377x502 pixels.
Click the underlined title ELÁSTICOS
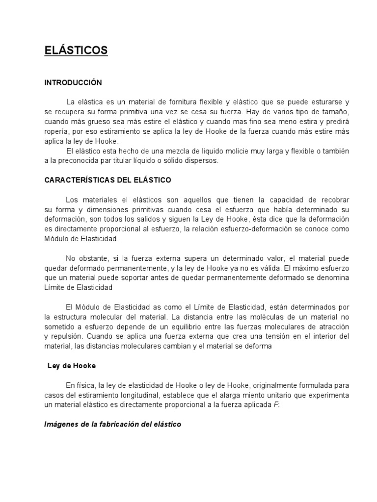click(76, 50)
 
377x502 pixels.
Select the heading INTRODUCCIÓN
click(73, 82)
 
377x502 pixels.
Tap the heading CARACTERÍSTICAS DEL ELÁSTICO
click(108, 180)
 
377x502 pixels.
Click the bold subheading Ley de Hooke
click(71, 366)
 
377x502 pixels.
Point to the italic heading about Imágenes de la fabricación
click(113, 424)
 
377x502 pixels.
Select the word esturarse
click(320, 102)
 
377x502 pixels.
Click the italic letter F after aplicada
click(275, 405)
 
